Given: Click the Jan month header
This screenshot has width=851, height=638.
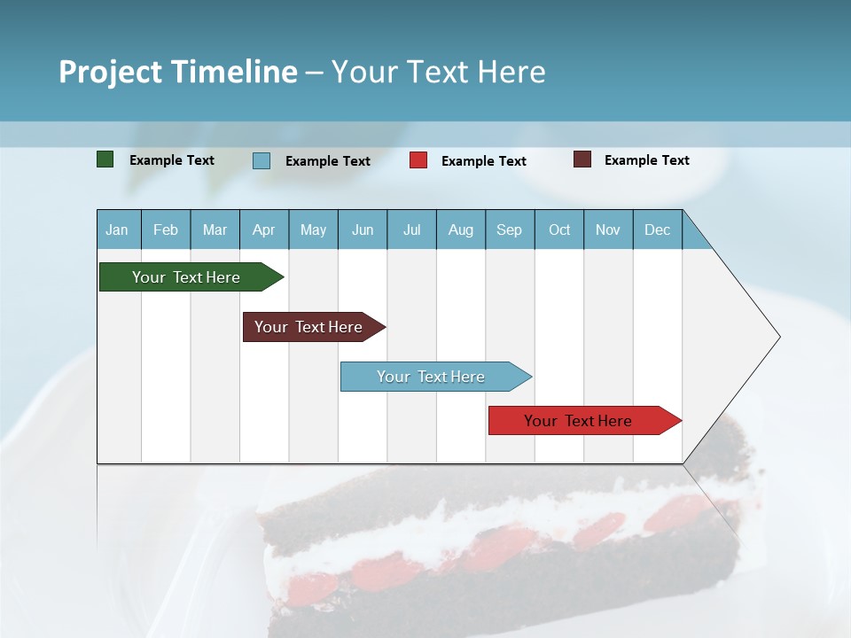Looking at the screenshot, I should pos(117,230).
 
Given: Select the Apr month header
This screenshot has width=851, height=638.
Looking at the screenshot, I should pos(264,230).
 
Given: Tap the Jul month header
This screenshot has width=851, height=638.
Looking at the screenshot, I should pos(411,230).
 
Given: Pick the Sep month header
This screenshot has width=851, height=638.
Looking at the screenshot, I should pos(510,230).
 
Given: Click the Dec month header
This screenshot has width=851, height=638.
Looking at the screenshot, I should pos(657,230).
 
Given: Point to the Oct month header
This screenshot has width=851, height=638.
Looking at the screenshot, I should pos(559,230).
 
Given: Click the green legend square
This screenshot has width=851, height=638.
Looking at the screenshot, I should pos(105,159).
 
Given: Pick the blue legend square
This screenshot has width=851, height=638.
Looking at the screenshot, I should pos(261,160).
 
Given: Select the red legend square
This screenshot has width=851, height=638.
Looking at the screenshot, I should pos(418,160).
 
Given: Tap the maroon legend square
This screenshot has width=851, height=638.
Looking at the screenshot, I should pos(582,159).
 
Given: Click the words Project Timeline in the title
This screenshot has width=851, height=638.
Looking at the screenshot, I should pos(177,72).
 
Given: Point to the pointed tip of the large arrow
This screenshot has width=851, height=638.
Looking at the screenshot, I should pos(777,337).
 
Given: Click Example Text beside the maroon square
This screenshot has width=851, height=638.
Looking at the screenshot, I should pos(646,160).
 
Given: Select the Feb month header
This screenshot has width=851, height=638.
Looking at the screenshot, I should pos(166,230).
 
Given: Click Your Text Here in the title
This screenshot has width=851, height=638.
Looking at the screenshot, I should pos(438,72).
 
